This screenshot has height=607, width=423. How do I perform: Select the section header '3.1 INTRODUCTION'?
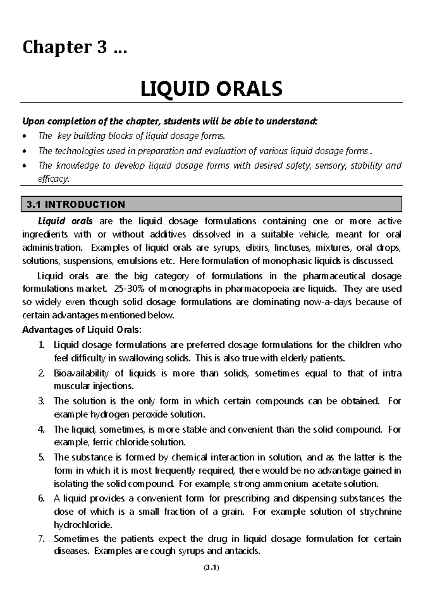pos(76,205)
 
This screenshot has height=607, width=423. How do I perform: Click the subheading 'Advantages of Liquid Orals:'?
pos(82,330)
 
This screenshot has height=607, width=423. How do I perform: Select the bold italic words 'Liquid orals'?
pos(65,221)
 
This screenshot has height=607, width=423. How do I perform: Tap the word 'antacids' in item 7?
pos(243,551)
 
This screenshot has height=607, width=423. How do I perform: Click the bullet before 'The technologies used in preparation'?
pos(24,151)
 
